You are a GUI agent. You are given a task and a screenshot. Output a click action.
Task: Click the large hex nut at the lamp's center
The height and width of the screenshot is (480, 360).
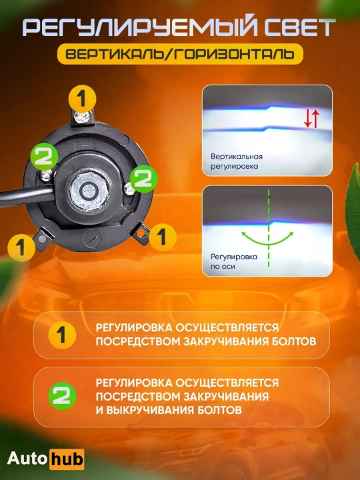point(87,191)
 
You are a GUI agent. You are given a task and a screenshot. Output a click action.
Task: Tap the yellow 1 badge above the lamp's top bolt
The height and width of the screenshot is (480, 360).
point(82,99)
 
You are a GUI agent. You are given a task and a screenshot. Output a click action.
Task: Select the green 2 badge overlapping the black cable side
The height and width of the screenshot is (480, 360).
point(45,157)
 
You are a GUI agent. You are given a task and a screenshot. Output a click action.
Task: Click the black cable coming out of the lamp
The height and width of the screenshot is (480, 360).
point(27,197)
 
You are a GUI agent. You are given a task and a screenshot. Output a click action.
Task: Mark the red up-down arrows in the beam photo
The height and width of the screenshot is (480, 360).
point(311,119)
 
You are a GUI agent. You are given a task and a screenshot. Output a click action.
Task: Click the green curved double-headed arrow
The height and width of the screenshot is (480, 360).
point(268,244)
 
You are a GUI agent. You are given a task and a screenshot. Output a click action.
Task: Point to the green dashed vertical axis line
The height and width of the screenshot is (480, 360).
point(269,228)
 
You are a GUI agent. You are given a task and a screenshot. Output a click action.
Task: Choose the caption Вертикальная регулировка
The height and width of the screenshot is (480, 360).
point(236,161)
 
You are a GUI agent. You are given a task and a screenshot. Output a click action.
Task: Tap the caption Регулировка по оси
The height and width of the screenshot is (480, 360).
point(234,261)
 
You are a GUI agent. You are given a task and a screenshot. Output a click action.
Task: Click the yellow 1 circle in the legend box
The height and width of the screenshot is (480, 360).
point(62,335)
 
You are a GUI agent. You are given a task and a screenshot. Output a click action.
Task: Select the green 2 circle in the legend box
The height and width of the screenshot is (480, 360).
point(62,396)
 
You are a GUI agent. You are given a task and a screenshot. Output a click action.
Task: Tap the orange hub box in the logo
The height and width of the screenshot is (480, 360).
point(67,459)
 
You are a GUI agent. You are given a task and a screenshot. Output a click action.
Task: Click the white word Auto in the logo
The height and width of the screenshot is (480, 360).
point(27,459)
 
